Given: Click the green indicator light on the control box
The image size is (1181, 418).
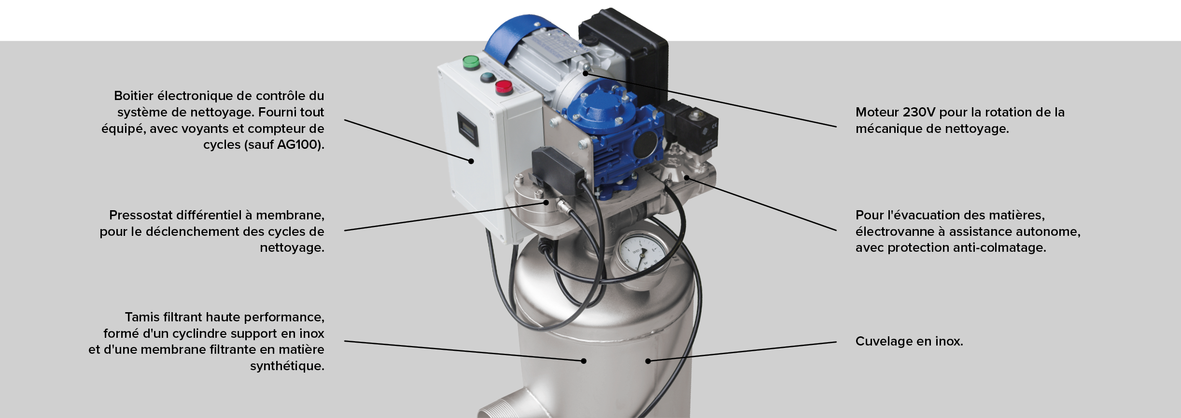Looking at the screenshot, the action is (470, 62).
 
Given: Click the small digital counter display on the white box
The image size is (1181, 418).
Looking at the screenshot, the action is (467, 130).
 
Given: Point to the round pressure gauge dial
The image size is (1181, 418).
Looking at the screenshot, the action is (640, 260).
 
